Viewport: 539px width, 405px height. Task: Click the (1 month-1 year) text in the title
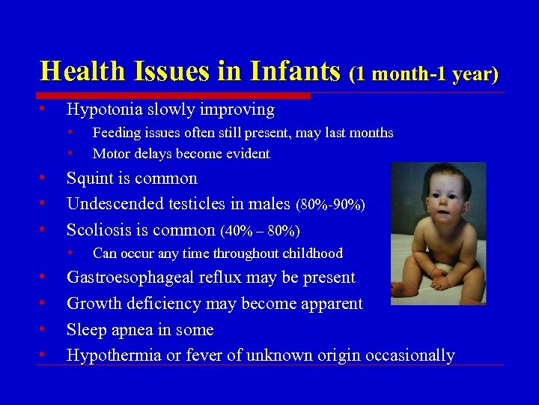[x=424, y=73]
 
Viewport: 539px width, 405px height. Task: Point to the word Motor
[x=110, y=154]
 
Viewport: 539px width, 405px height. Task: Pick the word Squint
[x=89, y=178]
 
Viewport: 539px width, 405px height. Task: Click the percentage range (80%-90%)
[x=331, y=205]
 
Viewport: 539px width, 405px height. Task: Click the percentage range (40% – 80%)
[x=260, y=230]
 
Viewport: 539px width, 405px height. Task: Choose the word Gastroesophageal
[x=131, y=277]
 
